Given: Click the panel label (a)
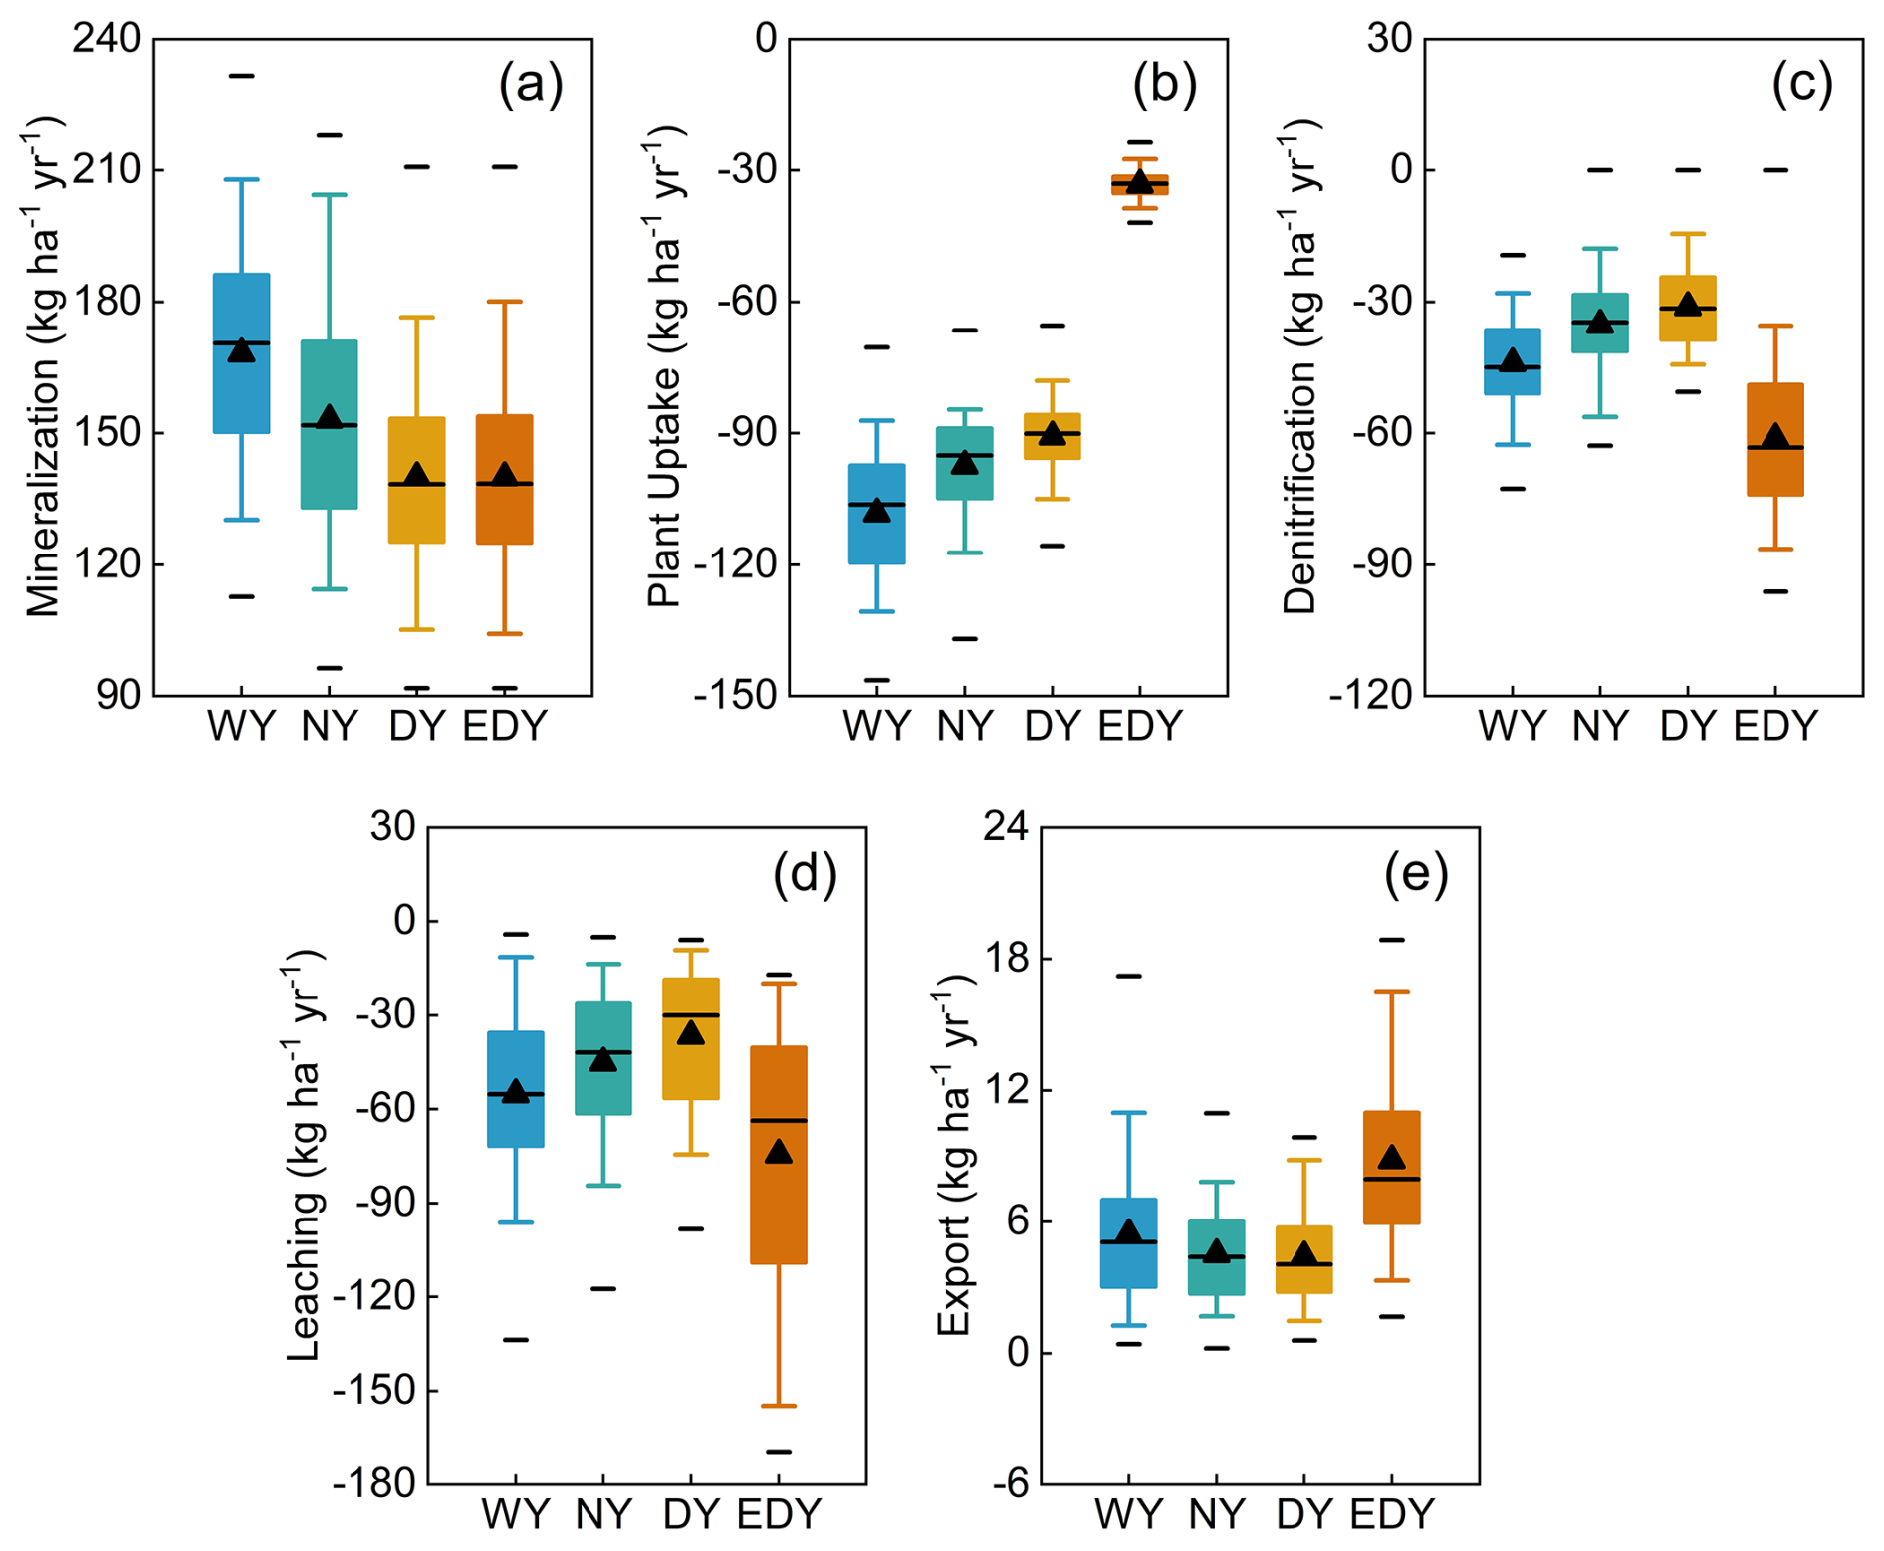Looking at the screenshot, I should [530, 85].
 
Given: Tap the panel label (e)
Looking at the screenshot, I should [1415, 873].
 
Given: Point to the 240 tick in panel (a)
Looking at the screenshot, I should [106, 39].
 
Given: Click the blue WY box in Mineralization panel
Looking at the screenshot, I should [242, 353].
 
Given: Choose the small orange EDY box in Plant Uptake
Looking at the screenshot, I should [1140, 184].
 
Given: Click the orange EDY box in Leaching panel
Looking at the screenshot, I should [779, 1155].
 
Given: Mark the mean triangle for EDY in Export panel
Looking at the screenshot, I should [1391, 1157].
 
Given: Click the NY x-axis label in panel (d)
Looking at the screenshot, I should [603, 1514].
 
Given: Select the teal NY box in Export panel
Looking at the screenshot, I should [1216, 1257].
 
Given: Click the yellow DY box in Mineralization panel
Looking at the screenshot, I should [416, 480].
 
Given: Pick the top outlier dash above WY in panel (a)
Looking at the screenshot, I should [242, 76].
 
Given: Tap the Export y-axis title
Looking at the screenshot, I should [954, 1154].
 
